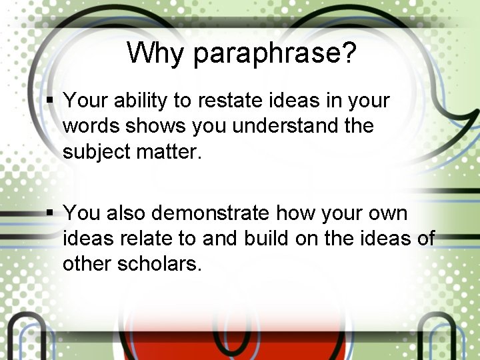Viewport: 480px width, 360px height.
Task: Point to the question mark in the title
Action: click(x=349, y=53)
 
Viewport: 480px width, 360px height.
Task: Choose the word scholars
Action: click(x=159, y=264)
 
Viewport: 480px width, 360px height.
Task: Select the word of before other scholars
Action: click(x=423, y=239)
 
